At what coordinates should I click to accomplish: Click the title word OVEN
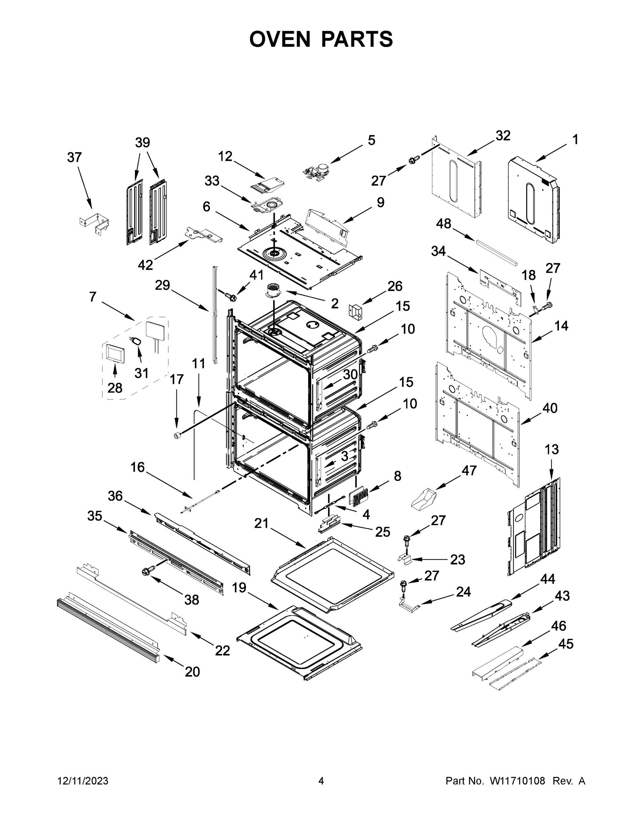pos(280,39)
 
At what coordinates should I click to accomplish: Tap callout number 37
pos(74,157)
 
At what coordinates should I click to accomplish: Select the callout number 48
pos(443,224)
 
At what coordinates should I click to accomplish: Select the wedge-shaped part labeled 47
pos(424,498)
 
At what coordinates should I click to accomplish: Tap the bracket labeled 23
pos(405,559)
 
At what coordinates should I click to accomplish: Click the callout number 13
pos(551,450)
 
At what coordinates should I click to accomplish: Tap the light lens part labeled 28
pos(114,353)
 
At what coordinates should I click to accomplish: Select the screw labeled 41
pos(230,296)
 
